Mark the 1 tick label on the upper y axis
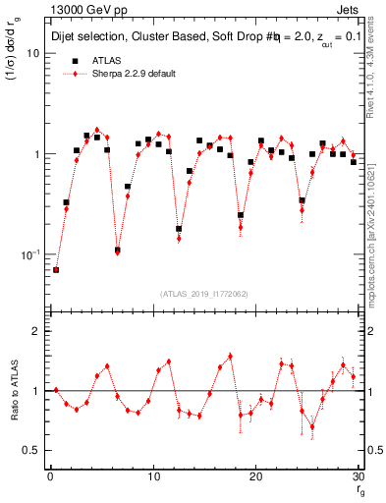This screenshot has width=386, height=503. point(36,154)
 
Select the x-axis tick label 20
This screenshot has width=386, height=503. point(255,477)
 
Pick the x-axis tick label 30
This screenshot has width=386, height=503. point(358,477)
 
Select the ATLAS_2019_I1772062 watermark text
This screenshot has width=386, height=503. point(204,294)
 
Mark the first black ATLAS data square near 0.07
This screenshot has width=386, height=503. point(56,269)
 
